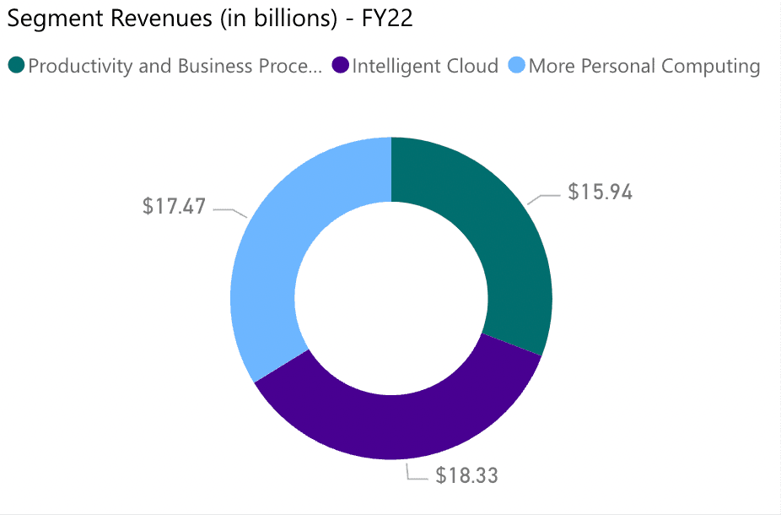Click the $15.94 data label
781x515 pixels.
pos(600,192)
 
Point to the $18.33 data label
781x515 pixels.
pos(466,475)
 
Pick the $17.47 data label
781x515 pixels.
pos(174,206)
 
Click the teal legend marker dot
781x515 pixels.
pos(16,65)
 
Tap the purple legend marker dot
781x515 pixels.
pos(341,65)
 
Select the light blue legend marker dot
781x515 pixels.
pos(517,65)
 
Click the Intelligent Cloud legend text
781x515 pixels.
pos(425,66)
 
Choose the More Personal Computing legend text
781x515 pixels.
pos(644,66)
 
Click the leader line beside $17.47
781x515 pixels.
pos(229,210)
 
